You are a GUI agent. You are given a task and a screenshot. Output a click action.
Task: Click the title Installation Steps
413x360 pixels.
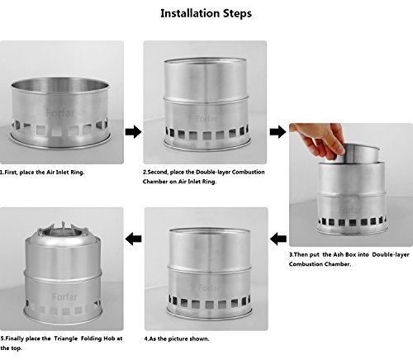[206, 13]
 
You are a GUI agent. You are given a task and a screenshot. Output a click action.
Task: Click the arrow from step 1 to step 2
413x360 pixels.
[134, 131]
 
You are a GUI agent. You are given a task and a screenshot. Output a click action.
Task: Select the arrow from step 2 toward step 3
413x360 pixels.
[278, 131]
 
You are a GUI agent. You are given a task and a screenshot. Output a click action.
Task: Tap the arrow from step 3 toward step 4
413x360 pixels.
[278, 239]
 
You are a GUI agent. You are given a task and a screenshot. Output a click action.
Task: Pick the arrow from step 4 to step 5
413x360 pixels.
[134, 239]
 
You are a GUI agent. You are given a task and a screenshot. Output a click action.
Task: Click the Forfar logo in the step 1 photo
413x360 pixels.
[60, 113]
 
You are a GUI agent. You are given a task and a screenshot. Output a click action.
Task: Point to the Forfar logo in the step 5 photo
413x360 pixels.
[64, 297]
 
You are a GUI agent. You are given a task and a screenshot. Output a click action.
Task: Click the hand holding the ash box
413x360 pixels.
[320, 139]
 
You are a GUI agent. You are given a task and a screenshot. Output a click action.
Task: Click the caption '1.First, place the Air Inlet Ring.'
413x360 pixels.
[42, 173]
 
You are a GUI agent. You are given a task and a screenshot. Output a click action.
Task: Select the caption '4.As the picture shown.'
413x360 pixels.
[177, 339]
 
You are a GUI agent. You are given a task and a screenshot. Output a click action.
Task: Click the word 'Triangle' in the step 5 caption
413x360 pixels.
[65, 339]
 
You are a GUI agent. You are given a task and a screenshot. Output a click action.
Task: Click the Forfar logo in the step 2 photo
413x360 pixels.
[206, 119]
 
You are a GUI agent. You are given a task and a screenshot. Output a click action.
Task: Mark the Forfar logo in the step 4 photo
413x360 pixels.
[210, 288]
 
